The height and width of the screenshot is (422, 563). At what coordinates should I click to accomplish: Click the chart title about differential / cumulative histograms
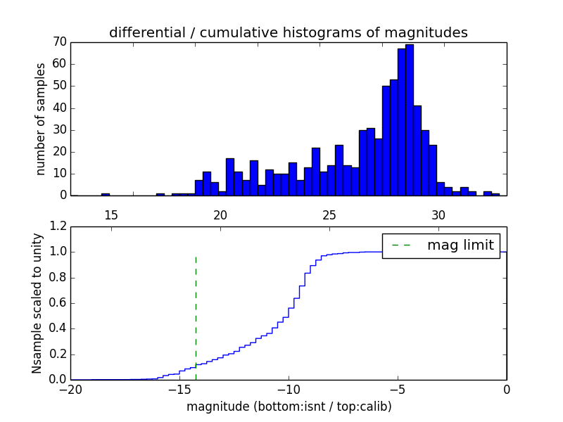click(289, 33)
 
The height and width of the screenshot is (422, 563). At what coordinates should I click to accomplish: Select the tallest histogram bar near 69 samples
click(410, 120)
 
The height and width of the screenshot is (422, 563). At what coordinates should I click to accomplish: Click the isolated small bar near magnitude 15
click(106, 194)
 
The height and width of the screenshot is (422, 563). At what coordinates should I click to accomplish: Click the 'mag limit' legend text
click(460, 245)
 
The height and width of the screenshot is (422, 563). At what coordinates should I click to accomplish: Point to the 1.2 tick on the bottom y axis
click(56, 226)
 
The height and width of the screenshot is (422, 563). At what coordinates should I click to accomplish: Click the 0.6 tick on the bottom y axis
click(56, 303)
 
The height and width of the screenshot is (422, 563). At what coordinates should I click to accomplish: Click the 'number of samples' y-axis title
click(41, 119)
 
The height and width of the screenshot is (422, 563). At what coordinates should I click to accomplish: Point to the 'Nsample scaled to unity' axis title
click(37, 302)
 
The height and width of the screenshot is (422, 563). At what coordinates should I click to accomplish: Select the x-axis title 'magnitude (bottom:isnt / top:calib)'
click(289, 407)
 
